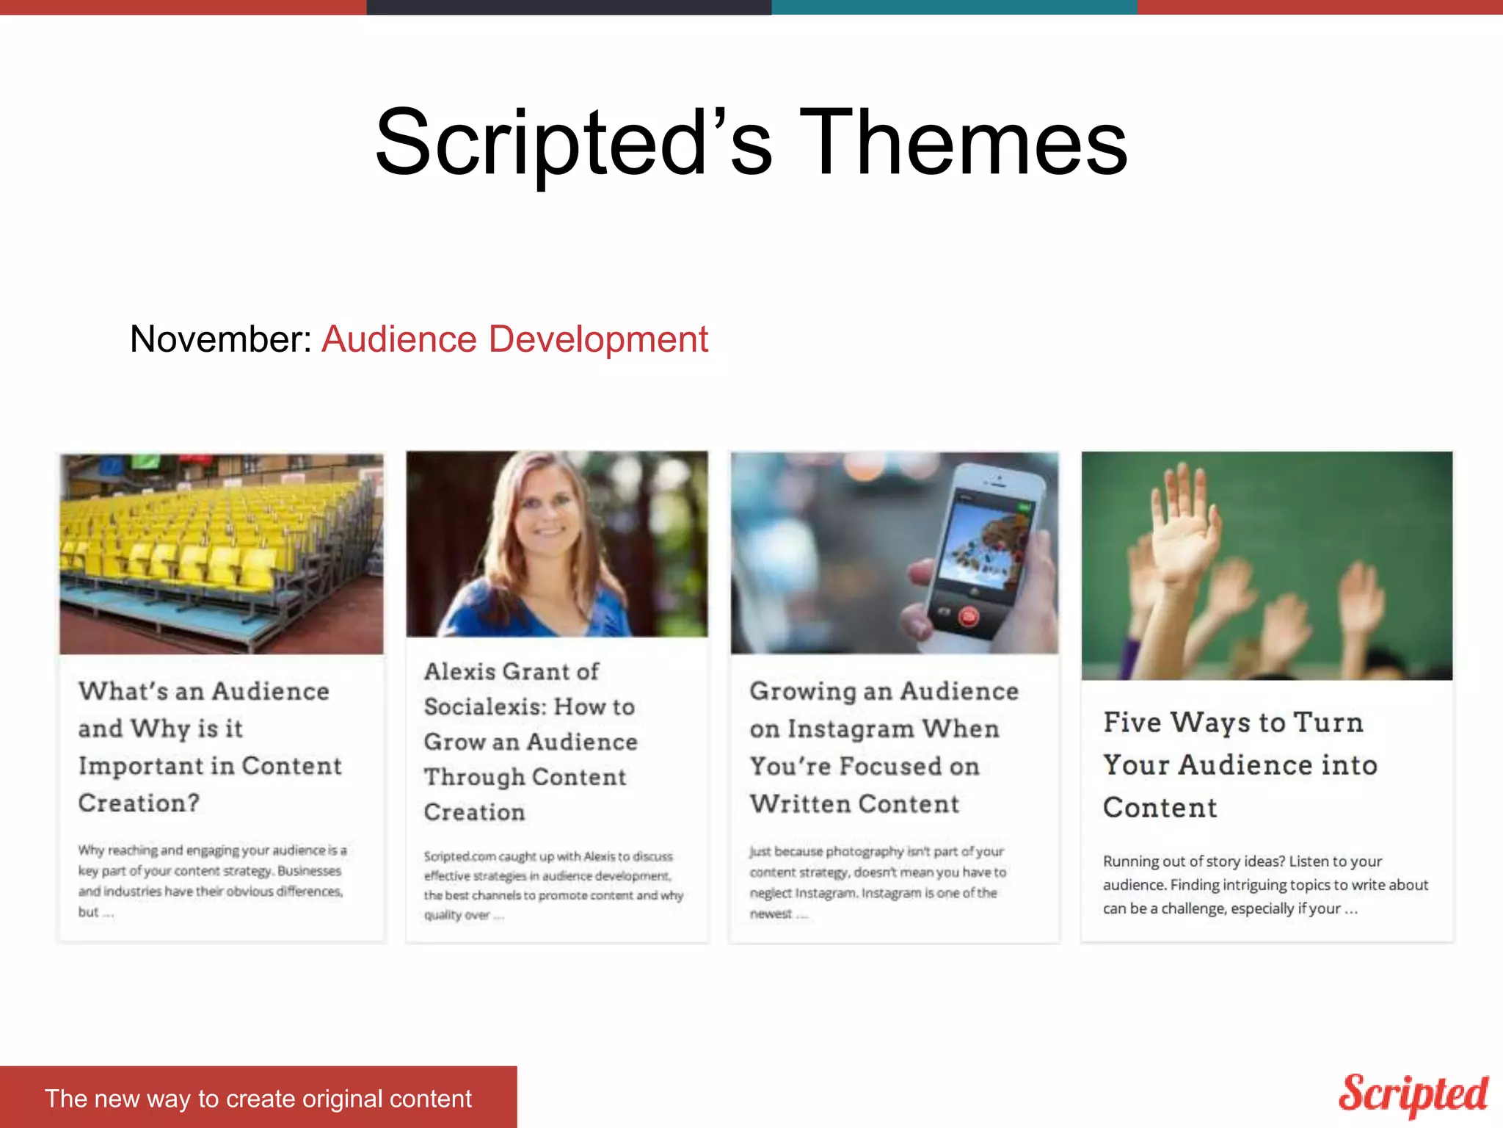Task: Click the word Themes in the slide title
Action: [963, 142]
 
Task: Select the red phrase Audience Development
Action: [514, 339]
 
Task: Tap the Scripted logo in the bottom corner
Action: [1413, 1094]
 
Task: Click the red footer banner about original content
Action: [258, 1098]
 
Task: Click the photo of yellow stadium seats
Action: [222, 554]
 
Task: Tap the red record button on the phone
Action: [968, 617]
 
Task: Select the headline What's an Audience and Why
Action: [210, 746]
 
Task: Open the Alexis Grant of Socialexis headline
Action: [530, 741]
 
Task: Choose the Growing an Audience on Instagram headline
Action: [884, 747]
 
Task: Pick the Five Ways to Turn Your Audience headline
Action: [1240, 764]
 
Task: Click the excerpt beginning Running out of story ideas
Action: [1264, 884]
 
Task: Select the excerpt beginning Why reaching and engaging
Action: [212, 880]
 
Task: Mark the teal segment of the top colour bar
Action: [954, 7]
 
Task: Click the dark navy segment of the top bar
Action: [569, 7]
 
